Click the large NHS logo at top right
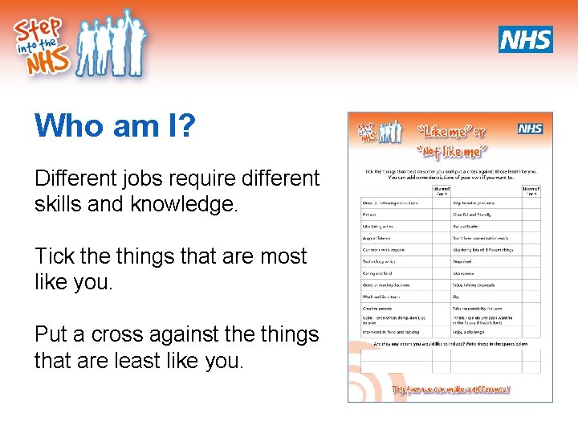pyautogui.click(x=526, y=39)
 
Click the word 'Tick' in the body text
pyautogui.click(x=54, y=256)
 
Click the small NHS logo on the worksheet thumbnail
pyautogui.click(x=530, y=129)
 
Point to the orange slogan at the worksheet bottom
pyautogui.click(x=450, y=389)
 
